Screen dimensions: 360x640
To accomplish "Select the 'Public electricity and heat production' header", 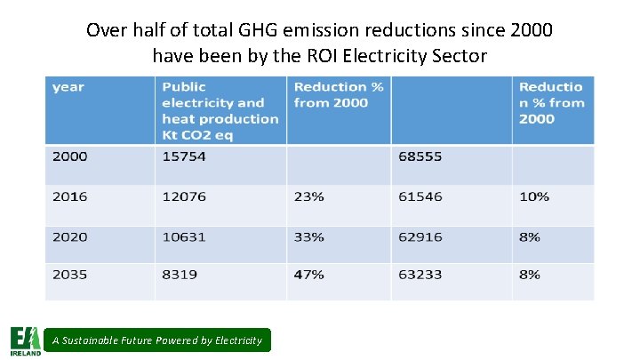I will click(x=220, y=110).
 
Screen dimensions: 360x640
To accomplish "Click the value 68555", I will click(x=420, y=157).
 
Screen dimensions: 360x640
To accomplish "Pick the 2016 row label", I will click(x=70, y=196).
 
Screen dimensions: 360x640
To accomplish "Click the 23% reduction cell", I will click(x=308, y=196).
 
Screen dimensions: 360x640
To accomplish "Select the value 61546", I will click(x=420, y=196).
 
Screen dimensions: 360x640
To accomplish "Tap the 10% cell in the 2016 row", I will click(x=534, y=196).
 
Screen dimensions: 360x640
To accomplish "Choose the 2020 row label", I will click(x=70, y=236).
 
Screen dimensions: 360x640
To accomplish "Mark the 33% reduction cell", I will click(x=308, y=236).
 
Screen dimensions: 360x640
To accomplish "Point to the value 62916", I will click(x=420, y=236).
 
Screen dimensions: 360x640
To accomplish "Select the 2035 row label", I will click(x=70, y=275).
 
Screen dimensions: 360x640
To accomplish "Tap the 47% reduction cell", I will click(x=308, y=275).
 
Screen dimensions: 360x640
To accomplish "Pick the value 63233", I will click(x=420, y=275).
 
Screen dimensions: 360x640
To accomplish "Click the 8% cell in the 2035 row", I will click(x=530, y=275).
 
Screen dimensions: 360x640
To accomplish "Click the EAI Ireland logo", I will click(x=25, y=340).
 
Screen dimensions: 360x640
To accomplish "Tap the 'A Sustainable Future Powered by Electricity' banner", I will click(x=157, y=340).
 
